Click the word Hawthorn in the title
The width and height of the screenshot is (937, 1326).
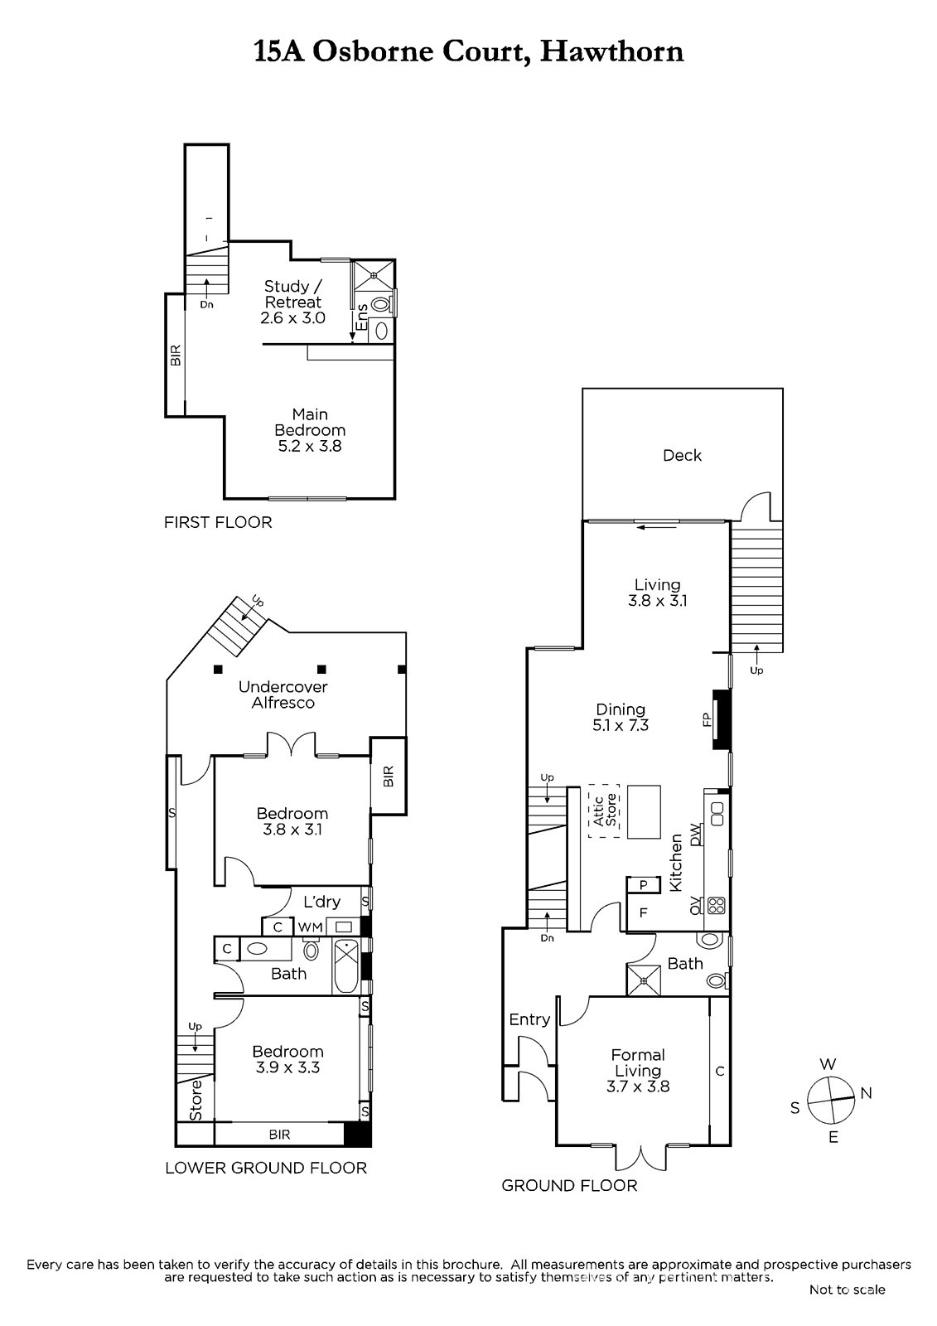click(612, 51)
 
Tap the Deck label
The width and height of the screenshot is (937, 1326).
click(682, 455)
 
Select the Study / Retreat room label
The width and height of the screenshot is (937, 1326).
click(293, 294)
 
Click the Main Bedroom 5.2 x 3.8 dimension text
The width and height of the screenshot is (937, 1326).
click(310, 446)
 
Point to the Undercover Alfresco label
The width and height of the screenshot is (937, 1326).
click(283, 694)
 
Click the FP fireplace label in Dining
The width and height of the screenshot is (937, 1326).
click(706, 719)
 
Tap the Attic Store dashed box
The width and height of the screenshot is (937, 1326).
click(604, 811)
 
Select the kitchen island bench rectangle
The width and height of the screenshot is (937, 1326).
click(644, 811)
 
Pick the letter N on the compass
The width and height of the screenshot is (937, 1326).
click(866, 1093)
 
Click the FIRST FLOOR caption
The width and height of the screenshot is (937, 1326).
click(218, 522)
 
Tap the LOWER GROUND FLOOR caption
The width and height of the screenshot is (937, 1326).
click(266, 1168)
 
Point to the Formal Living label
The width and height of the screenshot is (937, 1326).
click(638, 1062)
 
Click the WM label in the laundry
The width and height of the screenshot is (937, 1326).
click(310, 927)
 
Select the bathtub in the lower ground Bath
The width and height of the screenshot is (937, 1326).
click(346, 966)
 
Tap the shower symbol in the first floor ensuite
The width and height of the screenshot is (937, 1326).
click(374, 274)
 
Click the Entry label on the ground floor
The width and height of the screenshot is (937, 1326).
click(529, 1019)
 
